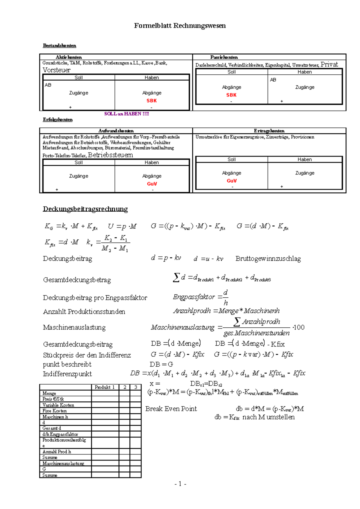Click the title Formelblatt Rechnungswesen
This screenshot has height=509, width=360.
click(x=180, y=26)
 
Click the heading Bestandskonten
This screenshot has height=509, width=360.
click(x=59, y=46)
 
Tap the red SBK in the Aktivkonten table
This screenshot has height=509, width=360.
click(x=151, y=101)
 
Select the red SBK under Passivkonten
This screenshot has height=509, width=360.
click(x=231, y=95)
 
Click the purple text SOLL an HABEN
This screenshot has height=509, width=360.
click(x=126, y=114)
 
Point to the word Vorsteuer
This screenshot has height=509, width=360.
click(x=56, y=70)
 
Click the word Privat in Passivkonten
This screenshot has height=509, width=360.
click(x=329, y=64)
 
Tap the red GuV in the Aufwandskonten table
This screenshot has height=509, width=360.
click(x=152, y=184)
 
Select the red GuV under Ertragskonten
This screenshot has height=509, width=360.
click(x=232, y=181)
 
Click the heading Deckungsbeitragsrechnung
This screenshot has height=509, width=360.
click(x=85, y=209)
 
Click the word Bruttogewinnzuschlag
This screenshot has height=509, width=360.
click(x=268, y=258)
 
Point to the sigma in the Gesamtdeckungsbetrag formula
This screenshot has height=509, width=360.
click(x=176, y=278)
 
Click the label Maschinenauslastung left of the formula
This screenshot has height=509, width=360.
click(x=74, y=327)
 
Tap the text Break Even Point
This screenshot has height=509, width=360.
click(x=171, y=409)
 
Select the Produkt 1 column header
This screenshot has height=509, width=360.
click(x=105, y=387)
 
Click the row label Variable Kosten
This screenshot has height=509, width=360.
click(x=58, y=405)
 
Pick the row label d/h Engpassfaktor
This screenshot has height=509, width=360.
click(x=60, y=434)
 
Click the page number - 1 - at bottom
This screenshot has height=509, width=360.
click(x=180, y=484)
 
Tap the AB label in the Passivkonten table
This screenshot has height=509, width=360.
click(x=273, y=80)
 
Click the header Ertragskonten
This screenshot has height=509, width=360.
click(x=269, y=131)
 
